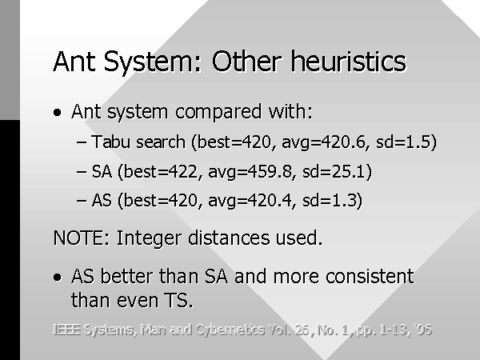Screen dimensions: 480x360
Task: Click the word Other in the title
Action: point(246,62)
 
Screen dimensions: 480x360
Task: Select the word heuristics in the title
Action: point(349,62)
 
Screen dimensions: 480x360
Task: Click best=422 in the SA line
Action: point(160,171)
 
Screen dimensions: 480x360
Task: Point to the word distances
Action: point(229,238)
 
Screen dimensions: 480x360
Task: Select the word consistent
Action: point(370,276)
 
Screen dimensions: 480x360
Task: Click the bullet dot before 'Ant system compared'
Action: point(58,112)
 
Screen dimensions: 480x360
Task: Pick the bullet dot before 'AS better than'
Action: point(58,278)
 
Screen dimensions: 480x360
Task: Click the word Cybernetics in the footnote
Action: point(230,330)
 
